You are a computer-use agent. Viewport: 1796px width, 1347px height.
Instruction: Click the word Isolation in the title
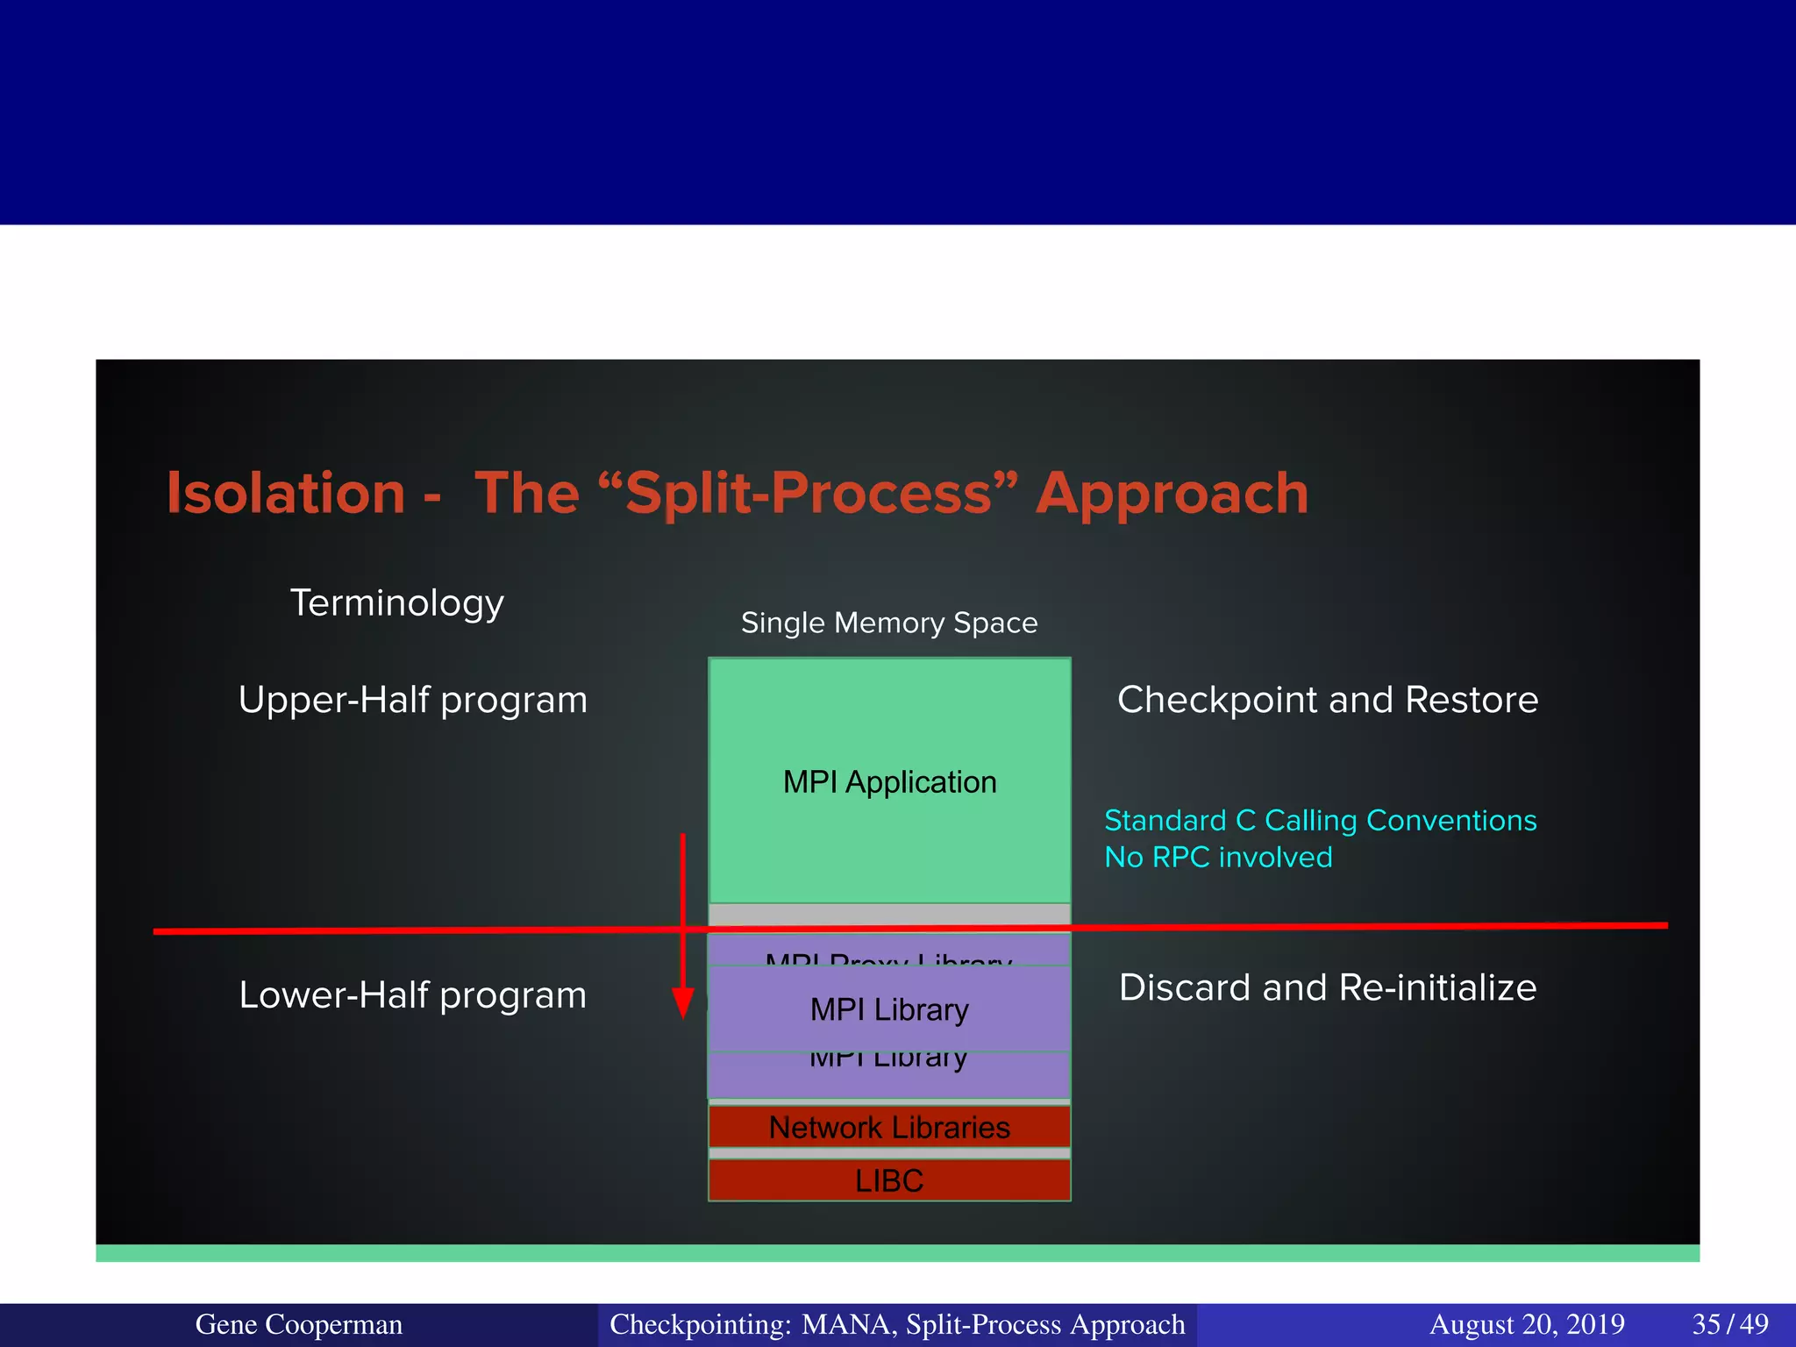click(286, 493)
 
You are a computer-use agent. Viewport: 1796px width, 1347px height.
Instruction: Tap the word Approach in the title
click(1172, 493)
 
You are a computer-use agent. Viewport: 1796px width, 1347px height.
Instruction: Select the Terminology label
click(396, 602)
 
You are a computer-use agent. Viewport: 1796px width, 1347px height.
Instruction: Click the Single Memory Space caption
click(889, 623)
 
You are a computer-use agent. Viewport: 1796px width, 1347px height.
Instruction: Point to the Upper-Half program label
click(412, 700)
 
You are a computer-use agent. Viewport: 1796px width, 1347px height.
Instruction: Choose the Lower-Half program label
click(412, 995)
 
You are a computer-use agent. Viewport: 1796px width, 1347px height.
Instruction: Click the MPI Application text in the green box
click(889, 781)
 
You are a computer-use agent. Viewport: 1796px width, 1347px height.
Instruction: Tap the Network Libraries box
click(889, 1127)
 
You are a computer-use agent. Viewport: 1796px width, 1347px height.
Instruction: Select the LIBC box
click(889, 1180)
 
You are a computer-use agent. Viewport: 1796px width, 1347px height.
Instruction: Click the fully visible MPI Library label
click(889, 1009)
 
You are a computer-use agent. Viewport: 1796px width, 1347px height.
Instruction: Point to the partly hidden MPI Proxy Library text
click(889, 959)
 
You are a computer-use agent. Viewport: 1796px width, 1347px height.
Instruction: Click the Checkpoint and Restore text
click(1327, 700)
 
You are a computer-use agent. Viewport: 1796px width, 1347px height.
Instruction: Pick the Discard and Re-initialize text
click(1327, 987)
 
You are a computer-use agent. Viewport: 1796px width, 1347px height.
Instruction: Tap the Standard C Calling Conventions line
click(1320, 820)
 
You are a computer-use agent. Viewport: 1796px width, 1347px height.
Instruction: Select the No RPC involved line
click(1218, 857)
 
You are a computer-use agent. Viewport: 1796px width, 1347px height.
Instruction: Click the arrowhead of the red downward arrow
click(682, 1002)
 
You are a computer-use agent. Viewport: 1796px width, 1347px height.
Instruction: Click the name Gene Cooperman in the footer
click(298, 1324)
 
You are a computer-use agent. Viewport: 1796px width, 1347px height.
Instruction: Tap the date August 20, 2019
click(1527, 1324)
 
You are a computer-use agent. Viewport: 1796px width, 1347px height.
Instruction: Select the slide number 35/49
click(1729, 1324)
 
